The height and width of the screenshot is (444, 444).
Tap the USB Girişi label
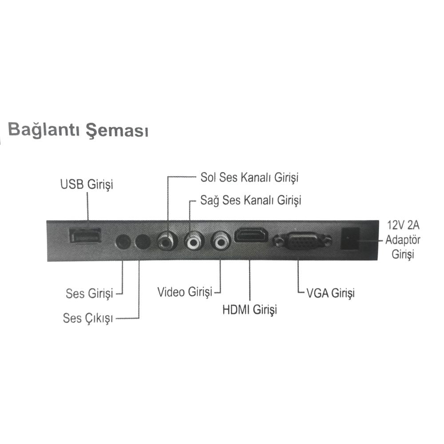click(x=87, y=184)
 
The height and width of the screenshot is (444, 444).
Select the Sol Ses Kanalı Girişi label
click(x=250, y=178)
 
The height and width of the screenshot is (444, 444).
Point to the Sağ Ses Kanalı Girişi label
click(x=250, y=201)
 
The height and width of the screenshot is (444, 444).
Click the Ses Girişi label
click(x=89, y=293)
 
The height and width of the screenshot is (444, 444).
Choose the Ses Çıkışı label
click(x=88, y=318)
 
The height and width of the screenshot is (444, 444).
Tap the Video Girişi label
click(x=185, y=292)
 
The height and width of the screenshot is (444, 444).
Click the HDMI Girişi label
click(x=250, y=309)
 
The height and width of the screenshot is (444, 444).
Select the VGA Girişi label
click(x=330, y=293)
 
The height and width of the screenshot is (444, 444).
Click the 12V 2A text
click(x=403, y=225)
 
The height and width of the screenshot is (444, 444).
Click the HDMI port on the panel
click(x=251, y=235)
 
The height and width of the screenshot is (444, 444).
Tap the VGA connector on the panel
click(x=302, y=241)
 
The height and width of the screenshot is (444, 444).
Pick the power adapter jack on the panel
click(x=350, y=239)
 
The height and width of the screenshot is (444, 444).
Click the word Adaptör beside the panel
click(x=403, y=240)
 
